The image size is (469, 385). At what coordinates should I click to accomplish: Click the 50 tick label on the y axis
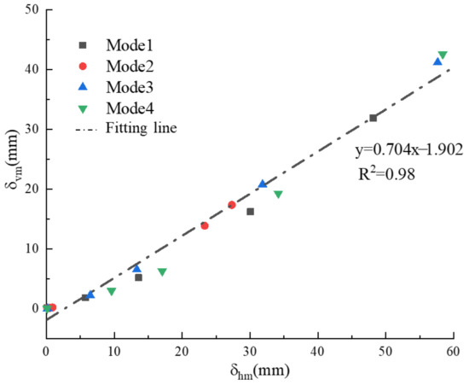(30, 9)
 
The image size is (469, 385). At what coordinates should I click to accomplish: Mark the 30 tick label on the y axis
(30, 129)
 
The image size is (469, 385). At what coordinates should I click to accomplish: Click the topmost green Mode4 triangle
(442, 55)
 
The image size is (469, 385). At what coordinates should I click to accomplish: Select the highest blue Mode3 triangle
(437, 61)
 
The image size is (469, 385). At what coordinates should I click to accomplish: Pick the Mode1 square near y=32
(373, 118)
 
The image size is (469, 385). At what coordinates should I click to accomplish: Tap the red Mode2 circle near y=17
(232, 205)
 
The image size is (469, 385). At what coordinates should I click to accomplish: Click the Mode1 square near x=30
(250, 212)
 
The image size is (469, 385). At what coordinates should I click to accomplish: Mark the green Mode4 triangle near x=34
(278, 195)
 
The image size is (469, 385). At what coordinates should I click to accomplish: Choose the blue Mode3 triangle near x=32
(263, 184)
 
